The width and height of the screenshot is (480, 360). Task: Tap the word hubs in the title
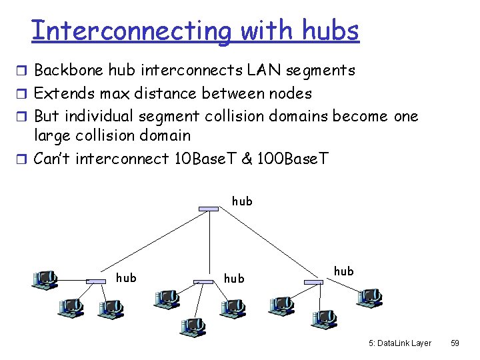pyautogui.click(x=330, y=31)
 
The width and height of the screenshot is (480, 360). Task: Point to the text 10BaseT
pyautogui.click(x=199, y=159)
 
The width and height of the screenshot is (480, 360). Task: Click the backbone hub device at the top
pyautogui.click(x=209, y=209)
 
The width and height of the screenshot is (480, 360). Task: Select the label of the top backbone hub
pyautogui.click(x=241, y=201)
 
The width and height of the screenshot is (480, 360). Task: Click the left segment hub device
pyautogui.click(x=97, y=281)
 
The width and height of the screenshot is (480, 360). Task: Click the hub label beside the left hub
pyautogui.click(x=126, y=278)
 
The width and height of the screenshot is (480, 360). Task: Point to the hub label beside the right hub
pyautogui.click(x=343, y=271)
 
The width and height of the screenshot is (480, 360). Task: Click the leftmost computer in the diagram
pyautogui.click(x=45, y=279)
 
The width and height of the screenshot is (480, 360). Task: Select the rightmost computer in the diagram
pyautogui.click(x=369, y=297)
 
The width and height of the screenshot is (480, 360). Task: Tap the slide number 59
pyautogui.click(x=455, y=343)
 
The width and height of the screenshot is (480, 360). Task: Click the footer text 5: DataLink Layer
pyautogui.click(x=399, y=343)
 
